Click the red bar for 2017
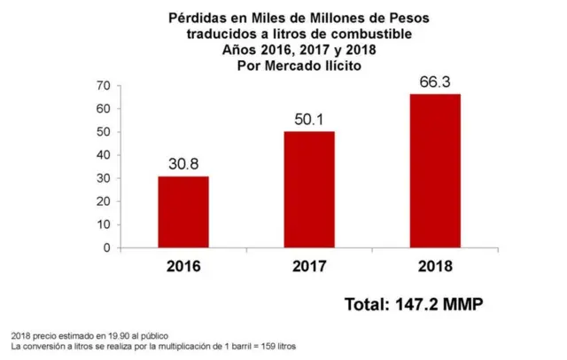click(x=308, y=190)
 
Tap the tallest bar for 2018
click(x=434, y=171)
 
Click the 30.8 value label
click(x=183, y=164)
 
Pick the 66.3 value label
click(x=434, y=82)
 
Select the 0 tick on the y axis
click(x=106, y=248)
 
